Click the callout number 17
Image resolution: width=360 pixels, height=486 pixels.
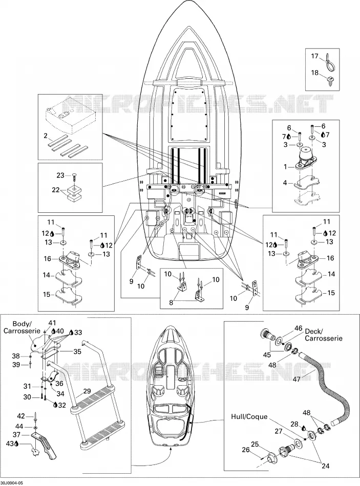[x=315, y=56]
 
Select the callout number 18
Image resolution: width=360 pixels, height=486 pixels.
[x=315, y=73]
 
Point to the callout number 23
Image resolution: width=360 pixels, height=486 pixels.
[x=60, y=175]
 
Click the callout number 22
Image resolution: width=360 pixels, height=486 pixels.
[x=56, y=190]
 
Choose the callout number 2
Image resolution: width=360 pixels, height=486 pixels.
[x=46, y=136]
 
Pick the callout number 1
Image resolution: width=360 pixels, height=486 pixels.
[x=285, y=167]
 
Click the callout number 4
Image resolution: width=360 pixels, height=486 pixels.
[x=285, y=183]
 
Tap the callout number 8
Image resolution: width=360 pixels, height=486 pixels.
[x=171, y=302]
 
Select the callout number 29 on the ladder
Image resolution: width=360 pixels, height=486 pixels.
[x=87, y=391]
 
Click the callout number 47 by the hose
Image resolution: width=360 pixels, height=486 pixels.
[x=297, y=379]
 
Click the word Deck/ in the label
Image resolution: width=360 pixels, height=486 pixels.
[x=314, y=330]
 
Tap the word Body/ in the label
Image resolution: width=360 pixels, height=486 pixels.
[x=22, y=324]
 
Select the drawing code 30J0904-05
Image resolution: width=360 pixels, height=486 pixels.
[x=11, y=483]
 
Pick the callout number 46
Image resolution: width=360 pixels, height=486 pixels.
[x=298, y=328]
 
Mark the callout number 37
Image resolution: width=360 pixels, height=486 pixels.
[x=16, y=434]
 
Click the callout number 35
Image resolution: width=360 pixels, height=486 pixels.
[x=77, y=351]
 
